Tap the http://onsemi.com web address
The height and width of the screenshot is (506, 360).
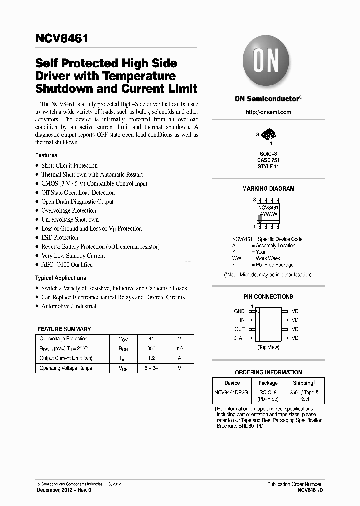(x=268, y=112)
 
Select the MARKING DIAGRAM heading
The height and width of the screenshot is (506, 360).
(x=268, y=189)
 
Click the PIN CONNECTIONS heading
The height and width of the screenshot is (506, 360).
(x=268, y=297)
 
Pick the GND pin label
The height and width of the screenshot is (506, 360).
(x=239, y=311)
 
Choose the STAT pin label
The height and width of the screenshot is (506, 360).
(x=239, y=338)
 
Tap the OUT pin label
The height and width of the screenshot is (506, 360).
(x=240, y=329)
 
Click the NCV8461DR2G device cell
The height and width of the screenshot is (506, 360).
(x=232, y=392)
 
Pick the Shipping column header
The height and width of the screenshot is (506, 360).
(x=303, y=383)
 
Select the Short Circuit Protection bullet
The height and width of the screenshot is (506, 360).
(x=69, y=166)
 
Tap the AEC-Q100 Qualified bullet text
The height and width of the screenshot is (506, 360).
(x=67, y=265)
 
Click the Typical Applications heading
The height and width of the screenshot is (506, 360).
(x=60, y=278)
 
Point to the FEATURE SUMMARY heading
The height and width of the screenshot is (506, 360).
(x=64, y=329)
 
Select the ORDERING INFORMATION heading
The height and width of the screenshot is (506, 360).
(x=268, y=372)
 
